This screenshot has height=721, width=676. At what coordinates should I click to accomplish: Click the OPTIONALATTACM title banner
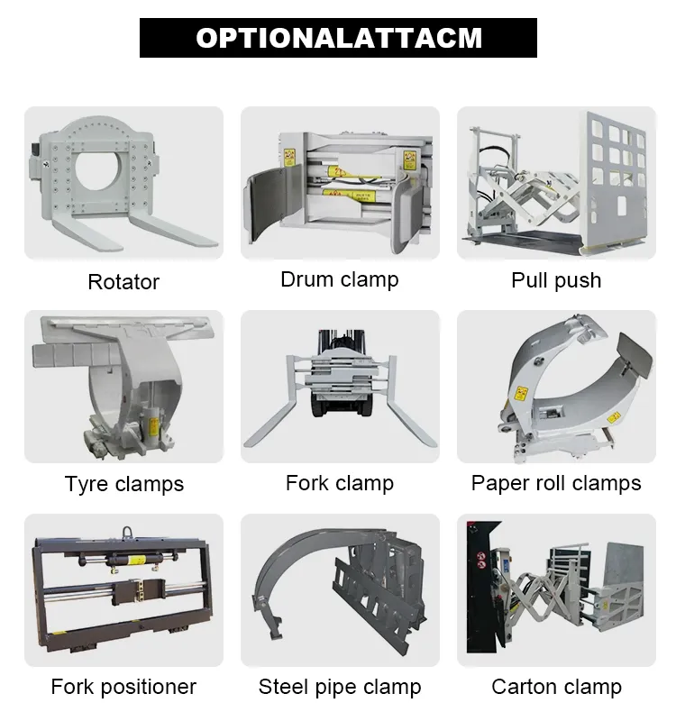338,38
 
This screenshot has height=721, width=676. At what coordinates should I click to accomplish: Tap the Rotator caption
123,281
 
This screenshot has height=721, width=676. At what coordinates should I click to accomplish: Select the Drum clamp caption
339,279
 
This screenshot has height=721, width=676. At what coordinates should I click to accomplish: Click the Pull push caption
556,280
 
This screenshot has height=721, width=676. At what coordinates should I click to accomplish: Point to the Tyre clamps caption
123,484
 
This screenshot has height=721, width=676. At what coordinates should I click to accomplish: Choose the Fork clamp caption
339,483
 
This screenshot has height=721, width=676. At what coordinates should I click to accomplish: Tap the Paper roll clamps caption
556,483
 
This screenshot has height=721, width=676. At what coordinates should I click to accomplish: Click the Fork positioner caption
123,687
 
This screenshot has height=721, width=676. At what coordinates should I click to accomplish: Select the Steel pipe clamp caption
339,687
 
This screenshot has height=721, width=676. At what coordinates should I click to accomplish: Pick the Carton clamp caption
556,687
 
